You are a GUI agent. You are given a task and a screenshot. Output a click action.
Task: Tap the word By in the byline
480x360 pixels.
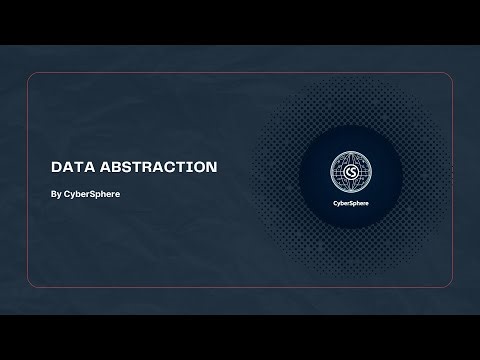(x=55, y=193)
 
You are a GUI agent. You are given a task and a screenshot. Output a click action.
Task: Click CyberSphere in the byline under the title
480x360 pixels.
(x=92, y=193)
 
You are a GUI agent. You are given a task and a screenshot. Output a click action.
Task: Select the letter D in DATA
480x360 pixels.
(x=56, y=167)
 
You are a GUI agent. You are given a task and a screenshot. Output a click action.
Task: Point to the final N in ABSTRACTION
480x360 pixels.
(x=211, y=167)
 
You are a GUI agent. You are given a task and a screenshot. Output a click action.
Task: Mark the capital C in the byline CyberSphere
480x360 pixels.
(x=67, y=193)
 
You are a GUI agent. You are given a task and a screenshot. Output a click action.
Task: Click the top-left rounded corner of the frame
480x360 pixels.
(x=31, y=77)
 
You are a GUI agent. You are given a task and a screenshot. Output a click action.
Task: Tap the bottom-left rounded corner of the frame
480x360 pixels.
(x=31, y=284)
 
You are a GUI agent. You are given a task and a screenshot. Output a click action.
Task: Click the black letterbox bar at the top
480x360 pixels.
(x=240, y=22)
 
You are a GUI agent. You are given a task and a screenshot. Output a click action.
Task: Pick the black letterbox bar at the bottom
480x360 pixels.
(x=240, y=337)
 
